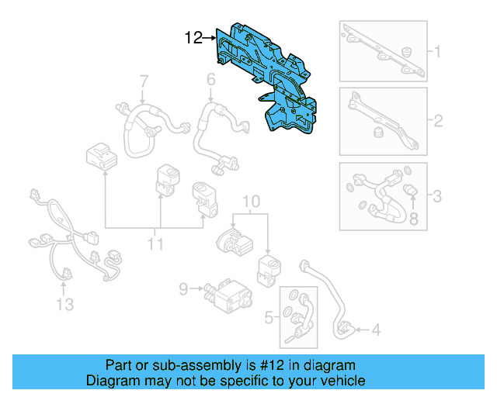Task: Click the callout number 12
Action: tap(193, 36)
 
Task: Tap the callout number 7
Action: tap(144, 81)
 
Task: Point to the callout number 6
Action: tap(210, 79)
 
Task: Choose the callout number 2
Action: tap(437, 121)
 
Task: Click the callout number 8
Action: tap(413, 219)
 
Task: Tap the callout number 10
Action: tap(248, 204)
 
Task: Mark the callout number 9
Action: tap(183, 288)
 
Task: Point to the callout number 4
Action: tap(376, 330)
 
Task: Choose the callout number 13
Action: tap(65, 305)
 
